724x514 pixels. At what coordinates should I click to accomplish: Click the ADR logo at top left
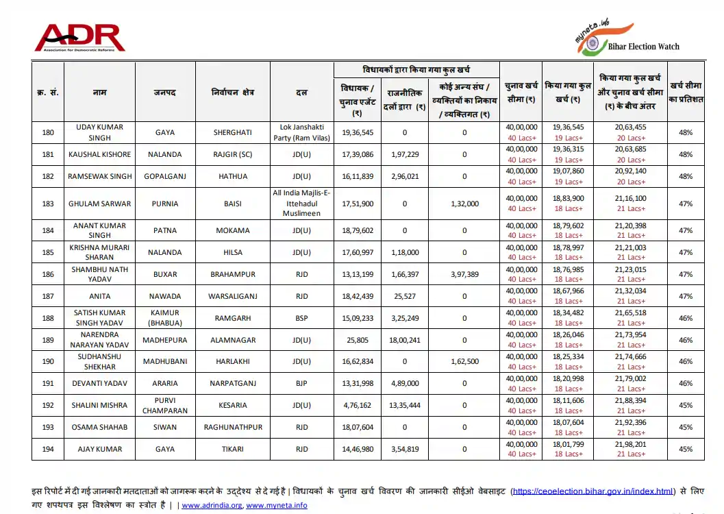79,38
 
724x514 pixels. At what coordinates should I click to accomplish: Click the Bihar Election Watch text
643,47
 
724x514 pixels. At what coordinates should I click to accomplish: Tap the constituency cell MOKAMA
232,231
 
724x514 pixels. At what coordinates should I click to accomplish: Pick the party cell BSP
301,319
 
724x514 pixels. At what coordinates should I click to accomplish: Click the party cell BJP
301,384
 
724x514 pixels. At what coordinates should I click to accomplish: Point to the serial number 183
48,204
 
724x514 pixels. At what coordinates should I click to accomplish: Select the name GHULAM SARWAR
99,204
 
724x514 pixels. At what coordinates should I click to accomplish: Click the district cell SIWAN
164,428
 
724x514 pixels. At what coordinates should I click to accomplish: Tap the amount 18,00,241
405,341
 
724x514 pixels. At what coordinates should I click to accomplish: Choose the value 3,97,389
464,275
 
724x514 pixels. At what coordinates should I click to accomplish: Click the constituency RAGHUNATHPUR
233,428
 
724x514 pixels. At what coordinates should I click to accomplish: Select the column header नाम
100,93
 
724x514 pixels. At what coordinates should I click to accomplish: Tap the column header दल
301,93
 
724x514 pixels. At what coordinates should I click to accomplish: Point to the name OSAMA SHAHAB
99,428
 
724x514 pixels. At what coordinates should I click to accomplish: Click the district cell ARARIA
164,384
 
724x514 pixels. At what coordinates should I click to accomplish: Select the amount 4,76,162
357,406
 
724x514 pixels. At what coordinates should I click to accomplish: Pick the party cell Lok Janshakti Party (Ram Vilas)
301,132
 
